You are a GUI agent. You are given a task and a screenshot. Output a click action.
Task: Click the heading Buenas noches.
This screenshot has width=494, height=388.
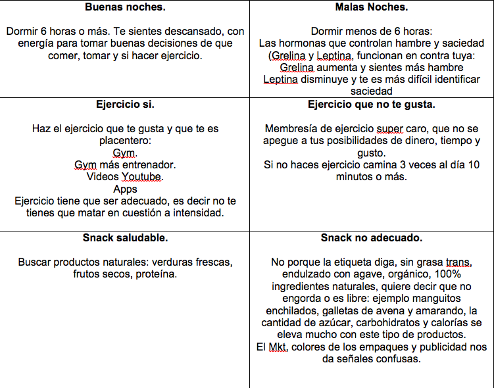pos(125,7)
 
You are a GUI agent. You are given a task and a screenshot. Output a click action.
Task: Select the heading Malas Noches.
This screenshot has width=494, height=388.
pos(371,7)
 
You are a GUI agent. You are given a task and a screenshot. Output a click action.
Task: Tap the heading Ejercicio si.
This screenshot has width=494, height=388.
pos(125,105)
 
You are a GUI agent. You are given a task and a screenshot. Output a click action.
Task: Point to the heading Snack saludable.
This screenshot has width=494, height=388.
pos(125,237)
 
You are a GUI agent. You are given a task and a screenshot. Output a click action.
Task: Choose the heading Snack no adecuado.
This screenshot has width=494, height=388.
pos(371,237)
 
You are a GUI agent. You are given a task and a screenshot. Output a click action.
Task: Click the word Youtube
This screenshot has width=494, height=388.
pos(142,176)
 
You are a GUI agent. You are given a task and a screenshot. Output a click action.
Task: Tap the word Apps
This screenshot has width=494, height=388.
pos(125,189)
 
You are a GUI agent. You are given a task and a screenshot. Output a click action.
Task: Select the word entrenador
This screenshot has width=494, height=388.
pos(148,164)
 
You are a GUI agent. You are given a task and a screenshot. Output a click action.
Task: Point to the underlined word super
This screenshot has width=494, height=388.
pos(389,129)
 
